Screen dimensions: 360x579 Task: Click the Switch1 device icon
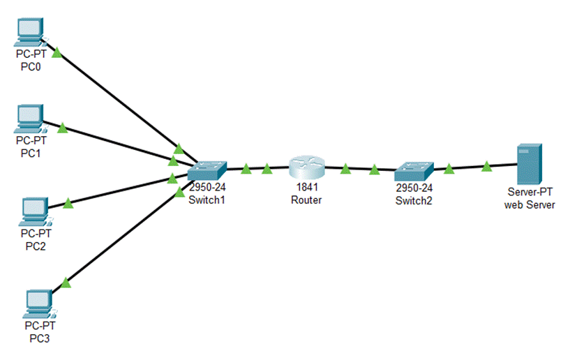(x=207, y=170)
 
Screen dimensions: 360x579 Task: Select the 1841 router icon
(x=307, y=168)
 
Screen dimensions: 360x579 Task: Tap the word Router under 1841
(x=307, y=200)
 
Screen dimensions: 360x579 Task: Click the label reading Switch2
(x=414, y=200)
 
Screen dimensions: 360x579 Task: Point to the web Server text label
(x=529, y=205)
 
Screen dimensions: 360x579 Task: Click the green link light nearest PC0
(x=57, y=52)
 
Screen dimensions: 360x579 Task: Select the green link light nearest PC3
(x=66, y=282)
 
